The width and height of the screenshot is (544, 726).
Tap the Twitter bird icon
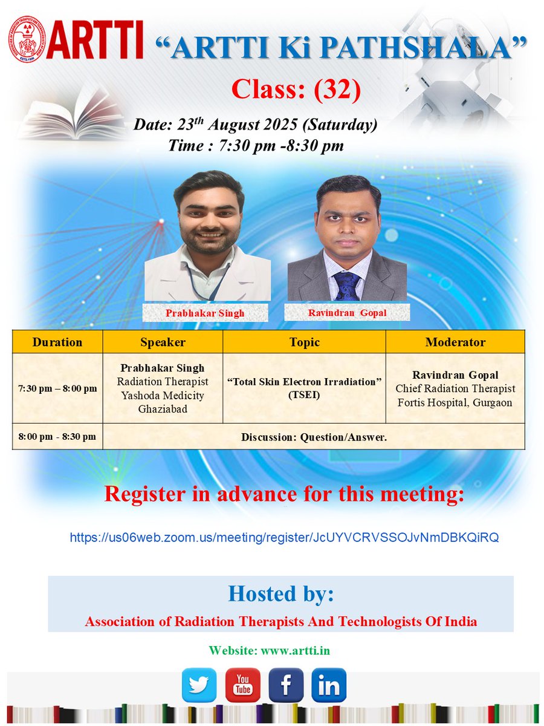(199, 685)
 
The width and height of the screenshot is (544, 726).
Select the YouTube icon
(242, 685)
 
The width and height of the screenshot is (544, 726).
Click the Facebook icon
(286, 685)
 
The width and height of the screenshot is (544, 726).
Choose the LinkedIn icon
(329, 685)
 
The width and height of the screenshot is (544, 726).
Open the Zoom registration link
(284, 537)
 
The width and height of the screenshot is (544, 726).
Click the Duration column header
(57, 342)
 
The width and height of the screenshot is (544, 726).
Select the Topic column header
(304, 342)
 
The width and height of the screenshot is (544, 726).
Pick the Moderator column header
(455, 342)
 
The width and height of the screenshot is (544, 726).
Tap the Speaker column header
(163, 342)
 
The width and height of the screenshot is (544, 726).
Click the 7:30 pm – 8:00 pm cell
(57, 388)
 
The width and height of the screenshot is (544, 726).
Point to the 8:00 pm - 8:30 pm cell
(57, 436)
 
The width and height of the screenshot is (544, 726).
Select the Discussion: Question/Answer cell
(313, 436)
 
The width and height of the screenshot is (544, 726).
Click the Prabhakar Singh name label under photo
(206, 313)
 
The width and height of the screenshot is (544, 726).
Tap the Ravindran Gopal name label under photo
(347, 313)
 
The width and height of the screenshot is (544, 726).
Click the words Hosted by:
(280, 594)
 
